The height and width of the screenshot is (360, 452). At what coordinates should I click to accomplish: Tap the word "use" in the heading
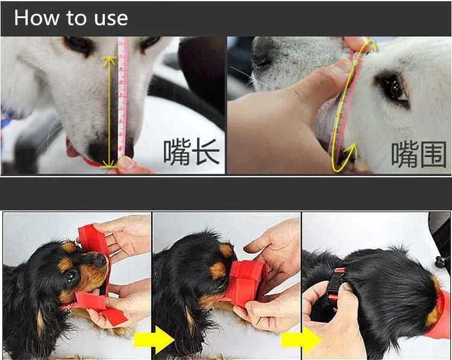click(x=110, y=18)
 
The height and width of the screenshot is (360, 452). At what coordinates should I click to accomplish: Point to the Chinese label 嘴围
click(x=419, y=154)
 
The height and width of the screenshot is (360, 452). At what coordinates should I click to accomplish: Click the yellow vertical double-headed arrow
click(x=109, y=112)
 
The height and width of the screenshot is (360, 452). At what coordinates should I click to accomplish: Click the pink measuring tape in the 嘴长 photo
click(x=123, y=96)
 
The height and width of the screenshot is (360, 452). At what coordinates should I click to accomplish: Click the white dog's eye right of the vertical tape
click(x=148, y=43)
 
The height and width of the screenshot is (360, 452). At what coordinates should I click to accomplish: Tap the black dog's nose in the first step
click(x=98, y=259)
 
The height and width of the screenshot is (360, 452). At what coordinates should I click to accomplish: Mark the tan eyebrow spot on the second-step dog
click(x=226, y=249)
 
